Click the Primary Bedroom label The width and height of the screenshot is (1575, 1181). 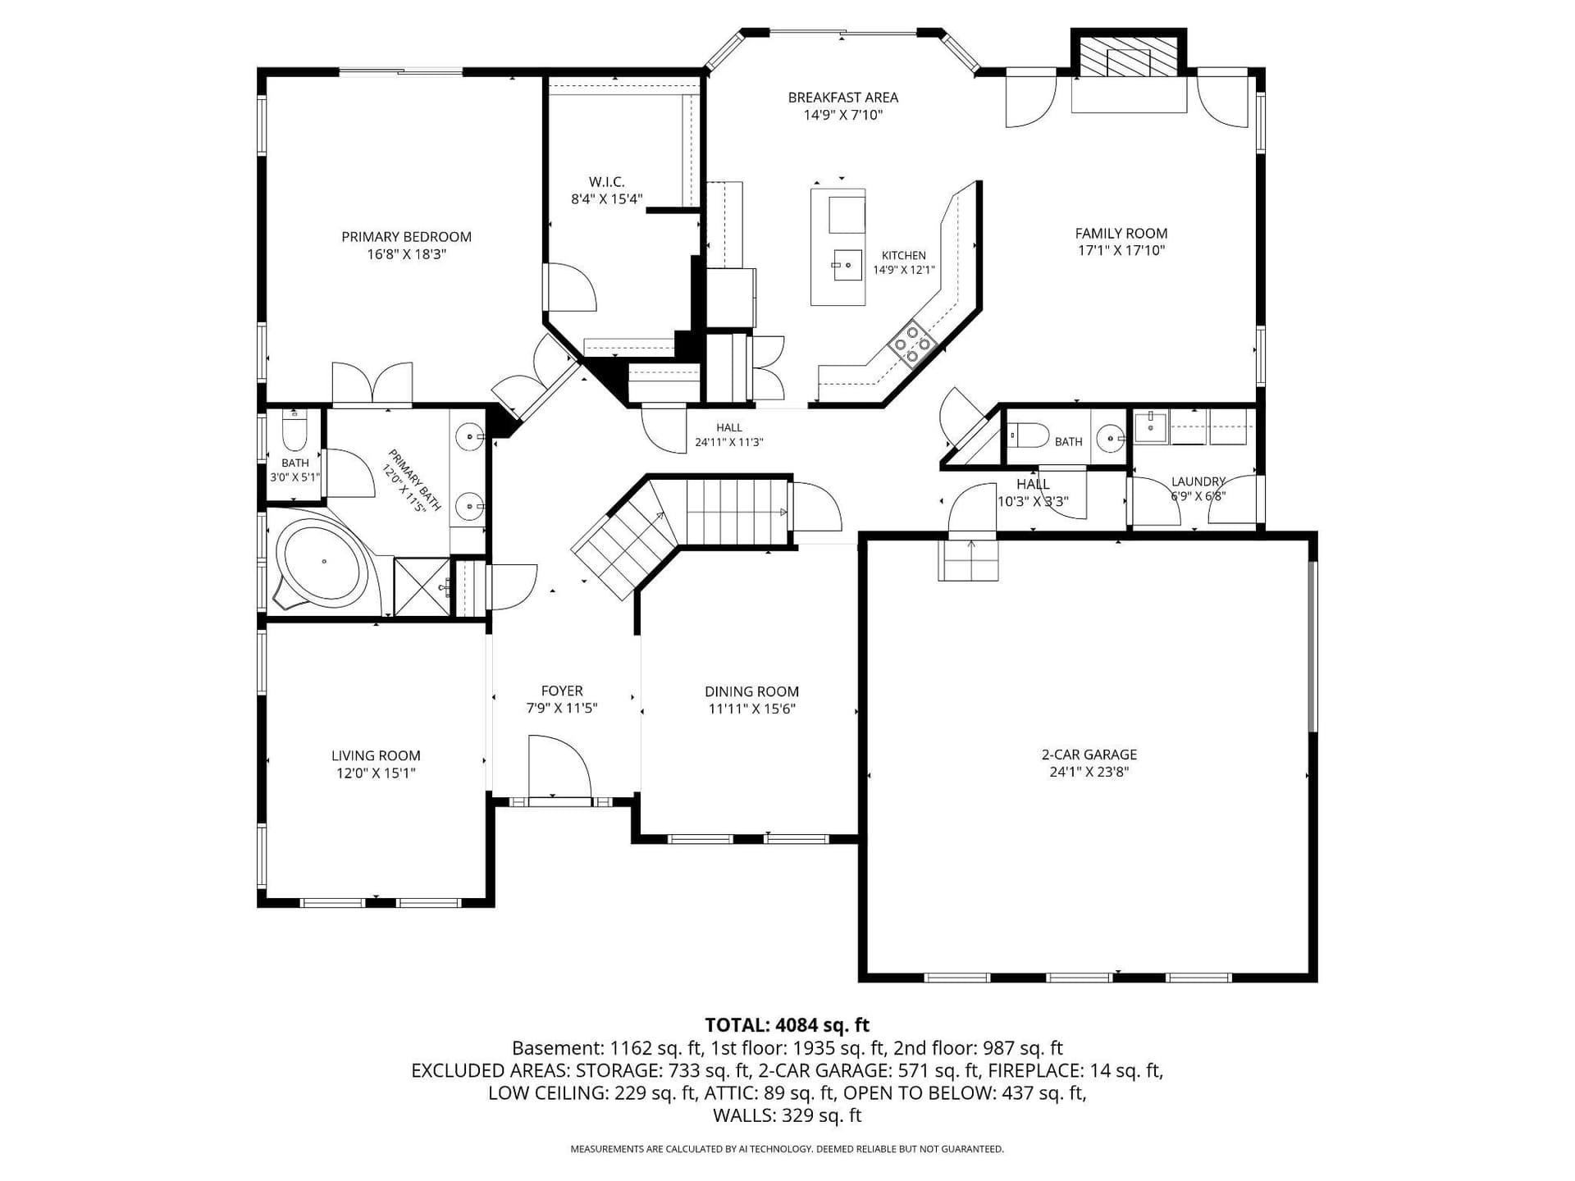[x=406, y=237]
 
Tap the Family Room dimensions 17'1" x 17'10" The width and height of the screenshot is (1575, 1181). [x=1121, y=251]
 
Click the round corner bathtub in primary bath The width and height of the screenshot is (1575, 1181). [x=323, y=562]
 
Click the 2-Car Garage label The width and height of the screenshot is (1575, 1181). [x=1089, y=755]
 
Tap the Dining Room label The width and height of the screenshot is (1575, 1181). [x=751, y=692]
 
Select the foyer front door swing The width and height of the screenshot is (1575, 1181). [x=559, y=766]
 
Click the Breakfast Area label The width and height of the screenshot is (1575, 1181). [x=842, y=98]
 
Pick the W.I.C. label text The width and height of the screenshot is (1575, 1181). [x=606, y=182]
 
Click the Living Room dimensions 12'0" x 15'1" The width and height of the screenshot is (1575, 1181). [x=376, y=773]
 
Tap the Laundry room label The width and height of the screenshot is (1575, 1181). [x=1198, y=481]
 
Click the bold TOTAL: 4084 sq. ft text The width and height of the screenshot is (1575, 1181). [x=787, y=1025]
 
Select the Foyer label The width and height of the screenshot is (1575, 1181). [x=562, y=691]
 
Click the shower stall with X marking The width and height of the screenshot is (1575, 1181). [x=422, y=586]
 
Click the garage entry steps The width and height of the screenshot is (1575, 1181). [x=969, y=559]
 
